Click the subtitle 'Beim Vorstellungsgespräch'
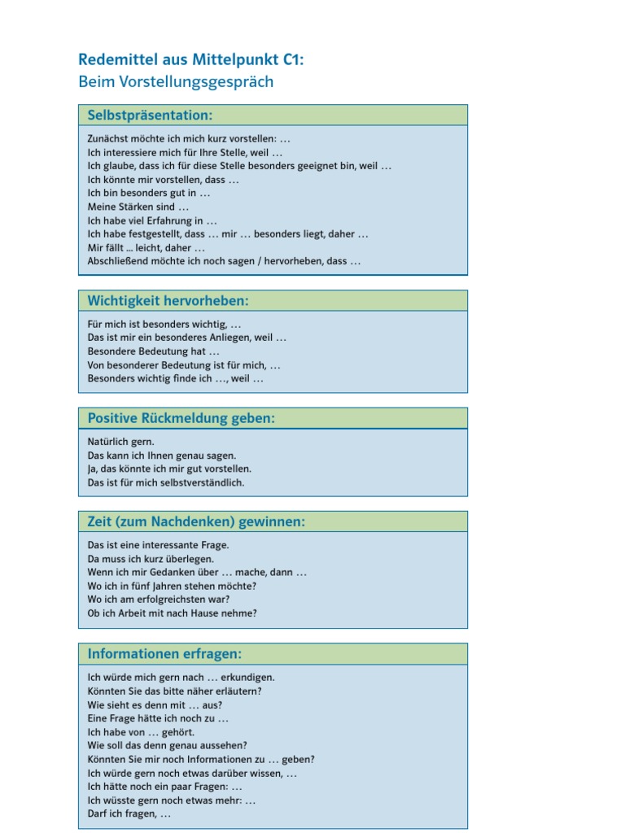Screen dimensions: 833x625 tap(176, 81)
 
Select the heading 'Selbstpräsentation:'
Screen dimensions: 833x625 tap(150, 116)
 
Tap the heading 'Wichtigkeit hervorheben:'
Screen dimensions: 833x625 tap(168, 301)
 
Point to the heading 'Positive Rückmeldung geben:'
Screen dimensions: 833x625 tap(181, 418)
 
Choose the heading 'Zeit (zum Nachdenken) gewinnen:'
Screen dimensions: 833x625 tap(196, 521)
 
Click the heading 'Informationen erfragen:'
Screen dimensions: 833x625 tap(164, 654)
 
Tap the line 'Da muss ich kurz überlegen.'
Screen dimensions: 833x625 tap(151, 559)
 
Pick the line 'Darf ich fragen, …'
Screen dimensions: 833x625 tap(129, 813)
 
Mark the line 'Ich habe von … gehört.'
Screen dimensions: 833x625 tap(141, 731)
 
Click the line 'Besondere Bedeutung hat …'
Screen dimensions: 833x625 tap(153, 351)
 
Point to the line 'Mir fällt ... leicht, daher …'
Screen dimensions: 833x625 tap(146, 247)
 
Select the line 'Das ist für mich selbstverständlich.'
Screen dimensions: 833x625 tap(165, 482)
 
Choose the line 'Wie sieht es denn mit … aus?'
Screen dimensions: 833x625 tap(155, 704)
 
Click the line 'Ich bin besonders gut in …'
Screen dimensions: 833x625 tap(148, 193)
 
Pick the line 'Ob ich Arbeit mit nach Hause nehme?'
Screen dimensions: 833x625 tap(172, 613)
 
